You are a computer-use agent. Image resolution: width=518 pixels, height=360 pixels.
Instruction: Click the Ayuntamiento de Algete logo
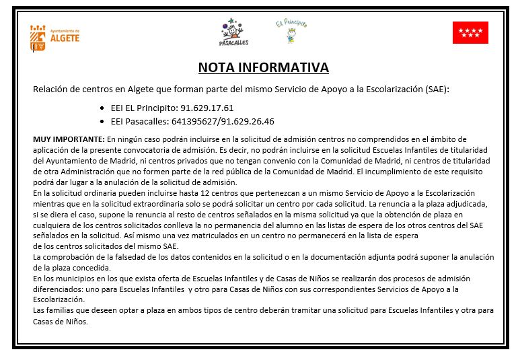coord(55,37)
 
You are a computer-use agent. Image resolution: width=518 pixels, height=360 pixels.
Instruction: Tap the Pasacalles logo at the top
coord(233,32)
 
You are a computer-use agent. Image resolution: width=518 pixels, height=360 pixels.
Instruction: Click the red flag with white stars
coord(470,32)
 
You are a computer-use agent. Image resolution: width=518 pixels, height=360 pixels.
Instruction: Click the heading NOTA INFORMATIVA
coord(263,68)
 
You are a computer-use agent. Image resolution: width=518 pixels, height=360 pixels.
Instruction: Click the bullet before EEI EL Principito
coord(102,108)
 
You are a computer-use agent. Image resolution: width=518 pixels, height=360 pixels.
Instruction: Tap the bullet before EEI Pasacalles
coord(102,122)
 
